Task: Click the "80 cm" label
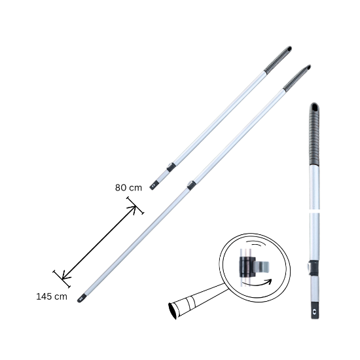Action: (x=128, y=187)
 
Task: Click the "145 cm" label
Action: (x=51, y=297)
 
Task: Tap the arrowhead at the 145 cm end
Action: (x=63, y=279)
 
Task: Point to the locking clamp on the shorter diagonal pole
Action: (x=171, y=168)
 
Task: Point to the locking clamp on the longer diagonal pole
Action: (x=191, y=185)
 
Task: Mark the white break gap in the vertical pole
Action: (x=314, y=211)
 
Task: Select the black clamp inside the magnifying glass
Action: (x=247, y=266)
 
